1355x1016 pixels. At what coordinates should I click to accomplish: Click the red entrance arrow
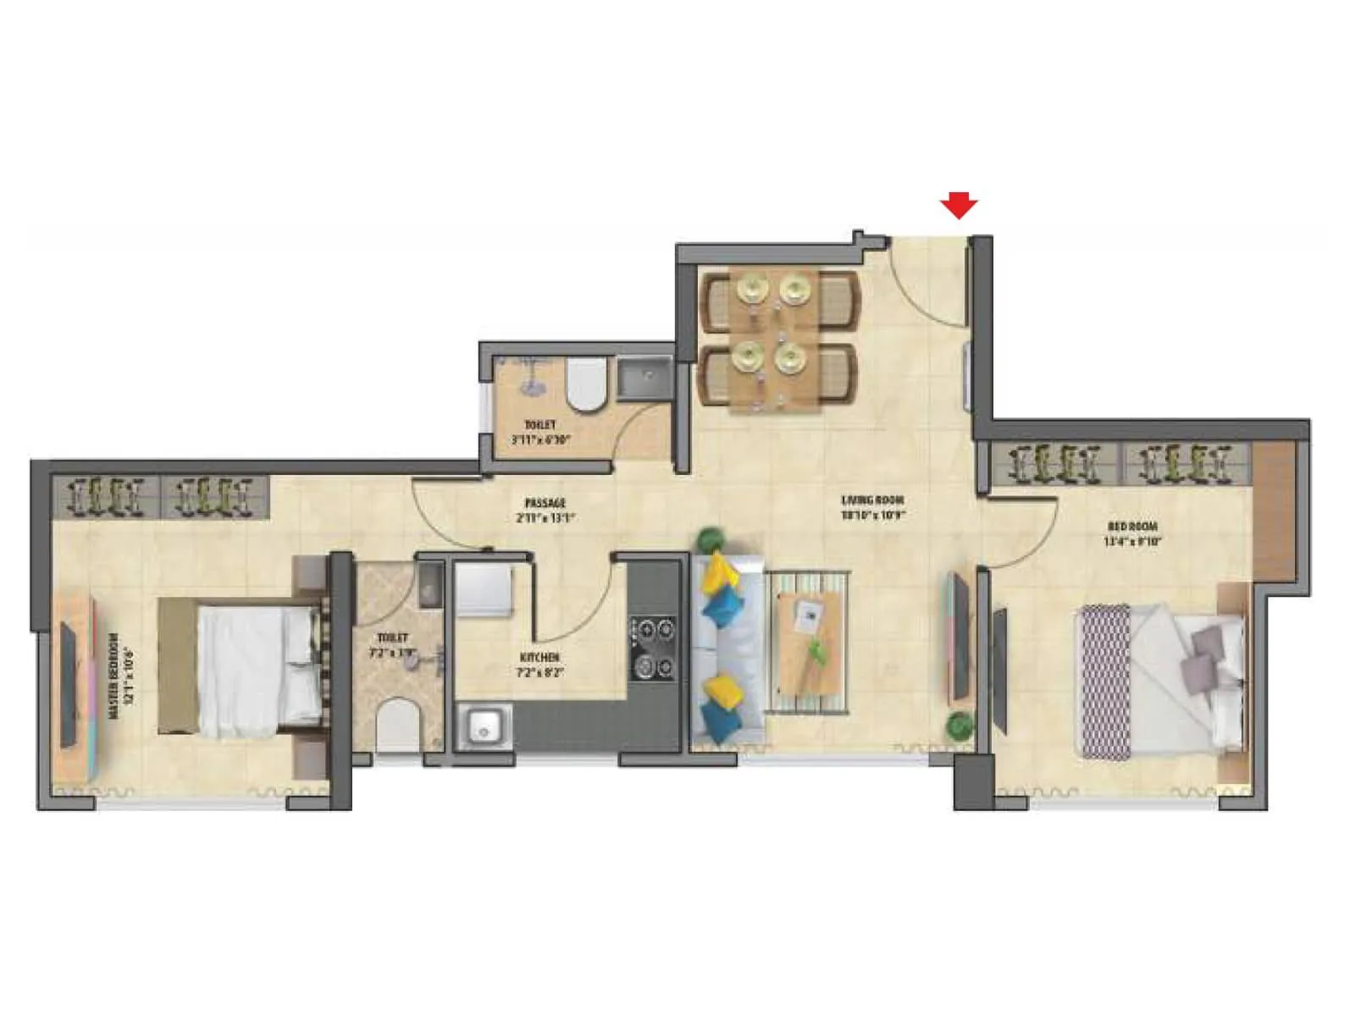pyautogui.click(x=959, y=205)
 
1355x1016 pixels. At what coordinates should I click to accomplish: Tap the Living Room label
pyautogui.click(x=872, y=507)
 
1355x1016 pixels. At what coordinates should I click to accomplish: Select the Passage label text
pyautogui.click(x=545, y=511)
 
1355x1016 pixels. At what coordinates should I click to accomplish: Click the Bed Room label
pyautogui.click(x=1131, y=533)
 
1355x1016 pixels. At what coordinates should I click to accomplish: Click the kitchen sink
pyautogui.click(x=484, y=726)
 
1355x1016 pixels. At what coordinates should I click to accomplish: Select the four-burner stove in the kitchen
pyautogui.click(x=653, y=648)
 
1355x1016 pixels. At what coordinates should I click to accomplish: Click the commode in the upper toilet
pyautogui.click(x=586, y=385)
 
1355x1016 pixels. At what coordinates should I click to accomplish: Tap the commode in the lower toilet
pyautogui.click(x=398, y=724)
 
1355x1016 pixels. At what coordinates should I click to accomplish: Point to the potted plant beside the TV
pyautogui.click(x=960, y=726)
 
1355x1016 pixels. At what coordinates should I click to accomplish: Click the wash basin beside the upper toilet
pyautogui.click(x=644, y=378)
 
